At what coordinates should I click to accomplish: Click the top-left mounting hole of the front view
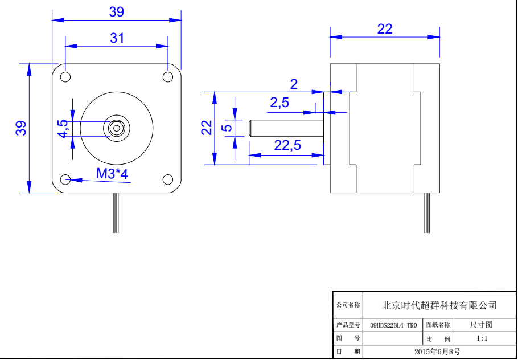(x=65, y=77)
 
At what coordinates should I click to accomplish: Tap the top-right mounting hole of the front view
(x=168, y=77)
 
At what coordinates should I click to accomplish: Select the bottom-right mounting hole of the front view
(x=168, y=179)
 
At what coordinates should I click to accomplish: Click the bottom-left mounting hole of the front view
(x=65, y=179)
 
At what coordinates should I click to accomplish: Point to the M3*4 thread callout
(x=112, y=174)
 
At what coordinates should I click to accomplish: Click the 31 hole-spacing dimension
(x=117, y=38)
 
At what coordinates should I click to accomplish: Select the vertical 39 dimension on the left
(x=21, y=128)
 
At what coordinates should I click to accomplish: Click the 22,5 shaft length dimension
(x=287, y=145)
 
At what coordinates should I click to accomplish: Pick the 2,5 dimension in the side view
(x=279, y=103)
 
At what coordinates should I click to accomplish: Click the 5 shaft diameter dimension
(x=227, y=128)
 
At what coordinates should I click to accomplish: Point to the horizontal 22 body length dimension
(x=385, y=29)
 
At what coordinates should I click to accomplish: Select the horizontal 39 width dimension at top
(x=116, y=11)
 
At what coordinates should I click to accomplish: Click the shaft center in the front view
(x=117, y=128)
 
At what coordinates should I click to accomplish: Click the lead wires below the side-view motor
(x=427, y=214)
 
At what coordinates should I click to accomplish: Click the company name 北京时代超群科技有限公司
(x=439, y=305)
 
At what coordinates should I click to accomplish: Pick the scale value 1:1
(x=482, y=338)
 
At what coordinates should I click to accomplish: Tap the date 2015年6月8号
(x=438, y=351)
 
